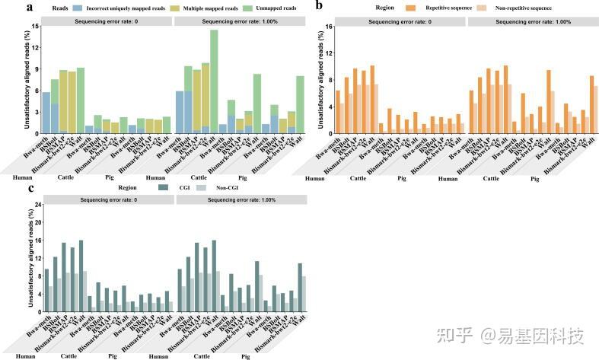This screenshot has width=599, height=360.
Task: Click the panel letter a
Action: coord(8,7)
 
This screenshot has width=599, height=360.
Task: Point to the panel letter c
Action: coord(8,187)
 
